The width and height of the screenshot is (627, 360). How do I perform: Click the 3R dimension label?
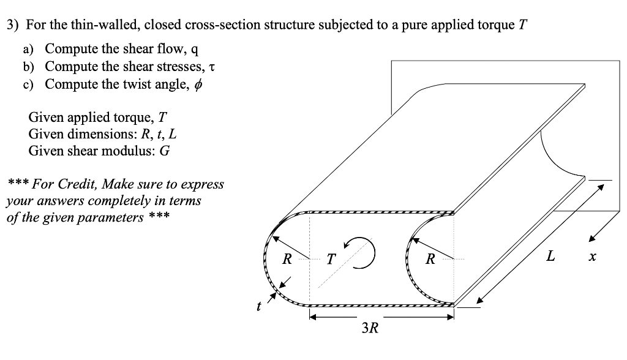(370, 329)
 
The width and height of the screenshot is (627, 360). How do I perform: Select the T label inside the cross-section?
(331, 260)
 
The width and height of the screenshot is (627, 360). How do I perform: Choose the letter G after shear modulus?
(163, 151)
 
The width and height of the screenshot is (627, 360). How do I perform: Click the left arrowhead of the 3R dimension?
(312, 318)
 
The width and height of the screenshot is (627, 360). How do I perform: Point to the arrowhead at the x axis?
(592, 240)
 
